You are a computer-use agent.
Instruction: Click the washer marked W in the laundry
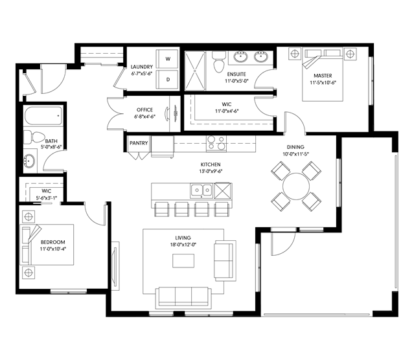point(167,59)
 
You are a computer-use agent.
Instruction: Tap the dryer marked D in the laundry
point(167,80)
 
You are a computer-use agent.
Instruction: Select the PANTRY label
point(139,143)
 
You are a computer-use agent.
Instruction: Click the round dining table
point(296,186)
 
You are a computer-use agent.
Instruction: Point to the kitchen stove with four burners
point(216,143)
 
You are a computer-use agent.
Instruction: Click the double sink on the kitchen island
point(201,190)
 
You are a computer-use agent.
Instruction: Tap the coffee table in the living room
point(183,261)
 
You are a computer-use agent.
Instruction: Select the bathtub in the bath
point(43,116)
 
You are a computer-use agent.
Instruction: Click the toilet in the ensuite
point(219,62)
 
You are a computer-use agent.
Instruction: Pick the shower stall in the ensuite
point(195,71)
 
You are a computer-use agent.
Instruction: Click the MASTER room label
point(323,76)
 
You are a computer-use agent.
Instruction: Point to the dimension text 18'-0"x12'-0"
point(183,245)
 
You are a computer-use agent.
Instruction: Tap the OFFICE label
point(144,110)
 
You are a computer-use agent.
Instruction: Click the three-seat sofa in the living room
point(183,298)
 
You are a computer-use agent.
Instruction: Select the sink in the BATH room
point(29,161)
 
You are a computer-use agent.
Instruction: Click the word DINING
point(295,147)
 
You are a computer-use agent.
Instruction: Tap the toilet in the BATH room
point(34,137)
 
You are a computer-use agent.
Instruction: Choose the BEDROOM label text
point(53,242)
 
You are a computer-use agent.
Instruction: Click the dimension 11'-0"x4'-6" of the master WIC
point(227,111)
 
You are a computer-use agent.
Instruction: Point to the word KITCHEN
point(211,164)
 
